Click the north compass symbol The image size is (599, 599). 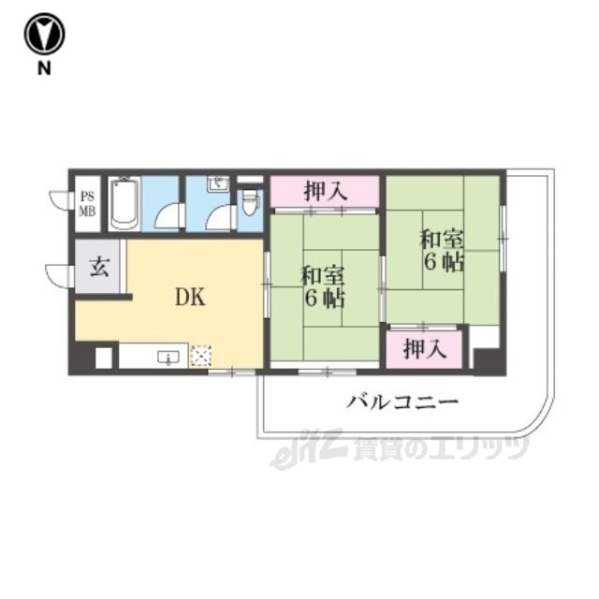(44, 34)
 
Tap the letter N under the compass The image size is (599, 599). (44, 68)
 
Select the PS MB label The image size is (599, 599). (87, 205)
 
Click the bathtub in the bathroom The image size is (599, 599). (124, 204)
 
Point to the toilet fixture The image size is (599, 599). (250, 202)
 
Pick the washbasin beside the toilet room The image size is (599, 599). (218, 183)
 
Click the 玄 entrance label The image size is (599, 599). (100, 267)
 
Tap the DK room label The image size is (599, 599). (190, 297)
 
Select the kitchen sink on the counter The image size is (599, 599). (168, 358)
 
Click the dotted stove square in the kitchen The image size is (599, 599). (201, 356)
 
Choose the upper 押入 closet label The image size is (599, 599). (326, 191)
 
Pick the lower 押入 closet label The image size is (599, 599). (425, 349)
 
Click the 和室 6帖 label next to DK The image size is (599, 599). (323, 286)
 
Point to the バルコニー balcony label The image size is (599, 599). (402, 402)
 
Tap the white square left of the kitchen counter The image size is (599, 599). (104, 358)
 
